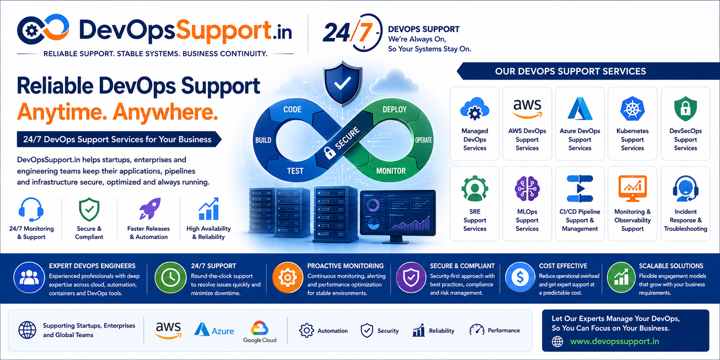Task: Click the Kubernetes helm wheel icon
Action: tap(632, 108)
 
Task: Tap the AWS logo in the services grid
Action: tap(527, 108)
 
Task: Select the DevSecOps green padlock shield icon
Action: tap(686, 109)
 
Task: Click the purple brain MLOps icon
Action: tap(527, 189)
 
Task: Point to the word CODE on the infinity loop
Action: tap(292, 110)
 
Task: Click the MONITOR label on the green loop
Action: tap(391, 171)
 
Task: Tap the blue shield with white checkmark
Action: tap(343, 83)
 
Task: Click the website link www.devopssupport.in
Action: tap(614, 341)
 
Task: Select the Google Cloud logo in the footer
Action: tap(260, 332)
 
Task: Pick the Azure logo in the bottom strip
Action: tap(214, 330)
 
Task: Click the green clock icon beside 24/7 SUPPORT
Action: tap(170, 278)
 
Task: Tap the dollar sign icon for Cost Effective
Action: tap(520, 278)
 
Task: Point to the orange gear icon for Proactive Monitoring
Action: tap(287, 278)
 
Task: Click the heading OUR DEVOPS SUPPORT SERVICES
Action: tap(570, 71)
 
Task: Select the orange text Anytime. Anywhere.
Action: tap(117, 112)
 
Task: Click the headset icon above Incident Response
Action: tap(686, 189)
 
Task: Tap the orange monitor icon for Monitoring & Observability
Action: tap(632, 188)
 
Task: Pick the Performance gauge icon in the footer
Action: tap(476, 330)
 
